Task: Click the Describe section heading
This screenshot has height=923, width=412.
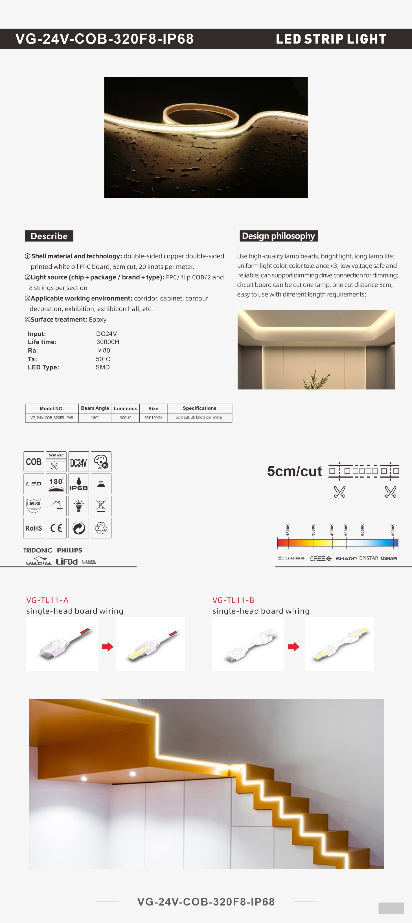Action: coord(49,236)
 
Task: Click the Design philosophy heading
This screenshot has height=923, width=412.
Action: coord(278,236)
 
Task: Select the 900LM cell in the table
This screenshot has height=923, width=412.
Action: coord(125,418)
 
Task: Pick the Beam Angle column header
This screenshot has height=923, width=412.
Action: coord(95,408)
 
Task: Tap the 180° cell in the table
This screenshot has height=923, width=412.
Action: coord(95,418)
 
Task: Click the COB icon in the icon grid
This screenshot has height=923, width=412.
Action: coord(34,461)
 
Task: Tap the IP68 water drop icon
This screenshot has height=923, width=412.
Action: coord(79,484)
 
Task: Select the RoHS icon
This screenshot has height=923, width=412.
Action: coord(34,528)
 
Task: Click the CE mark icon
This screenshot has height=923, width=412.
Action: coord(56,528)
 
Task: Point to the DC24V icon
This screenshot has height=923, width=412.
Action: coord(79,461)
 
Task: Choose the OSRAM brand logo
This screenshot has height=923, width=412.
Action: coord(389,558)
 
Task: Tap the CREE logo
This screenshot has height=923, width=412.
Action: coord(320,558)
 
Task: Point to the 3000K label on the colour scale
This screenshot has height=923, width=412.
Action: coord(313,530)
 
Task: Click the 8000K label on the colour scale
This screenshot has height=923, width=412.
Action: coord(393,530)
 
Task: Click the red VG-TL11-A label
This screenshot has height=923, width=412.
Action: coord(47,600)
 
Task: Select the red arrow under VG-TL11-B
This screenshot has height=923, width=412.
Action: coord(293,647)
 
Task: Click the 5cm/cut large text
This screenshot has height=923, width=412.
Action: coord(294,471)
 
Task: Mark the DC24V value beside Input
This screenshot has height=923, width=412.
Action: coord(106,334)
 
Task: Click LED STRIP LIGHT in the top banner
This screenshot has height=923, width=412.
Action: coord(331,39)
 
